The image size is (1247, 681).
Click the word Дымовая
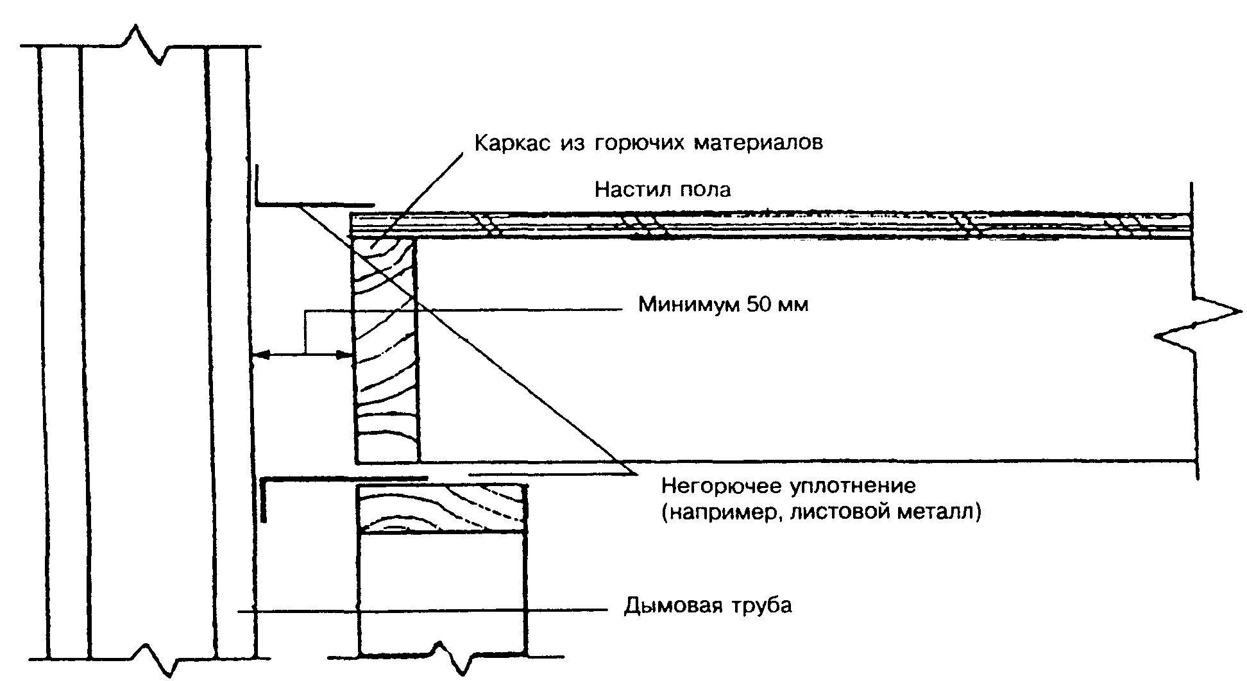tap(670, 606)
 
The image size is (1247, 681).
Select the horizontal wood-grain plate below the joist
tap(443, 510)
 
